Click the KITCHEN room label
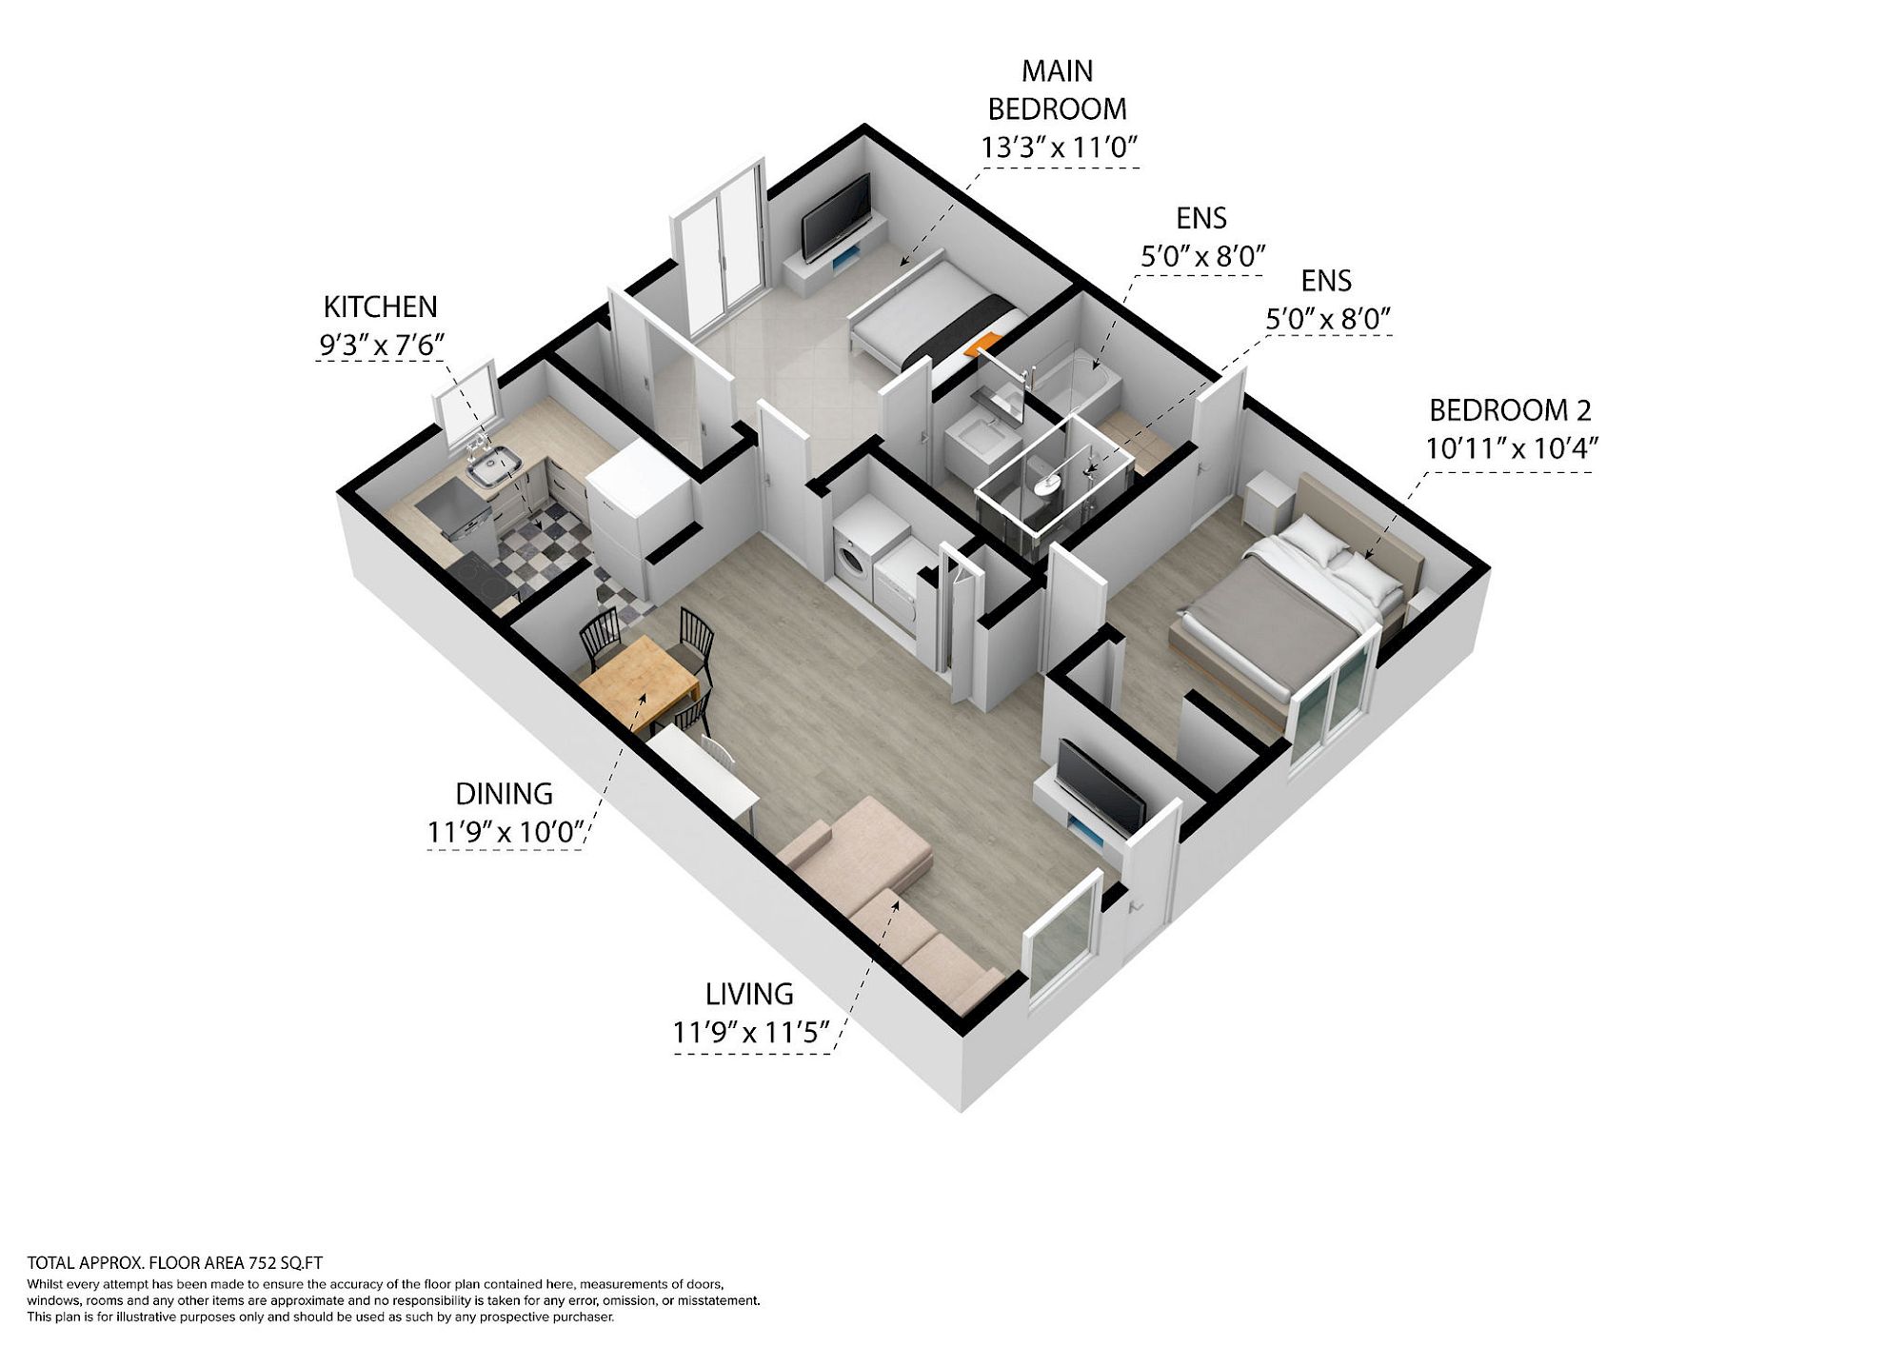pos(380,307)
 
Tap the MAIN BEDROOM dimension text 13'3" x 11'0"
pos(1060,148)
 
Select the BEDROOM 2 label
pos(1510,410)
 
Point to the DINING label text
pos(504,794)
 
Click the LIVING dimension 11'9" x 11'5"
pos(751,1033)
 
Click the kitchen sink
pos(493,467)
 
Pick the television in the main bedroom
pos(836,217)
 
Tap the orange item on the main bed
pos(984,344)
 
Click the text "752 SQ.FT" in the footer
pos(286,1263)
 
